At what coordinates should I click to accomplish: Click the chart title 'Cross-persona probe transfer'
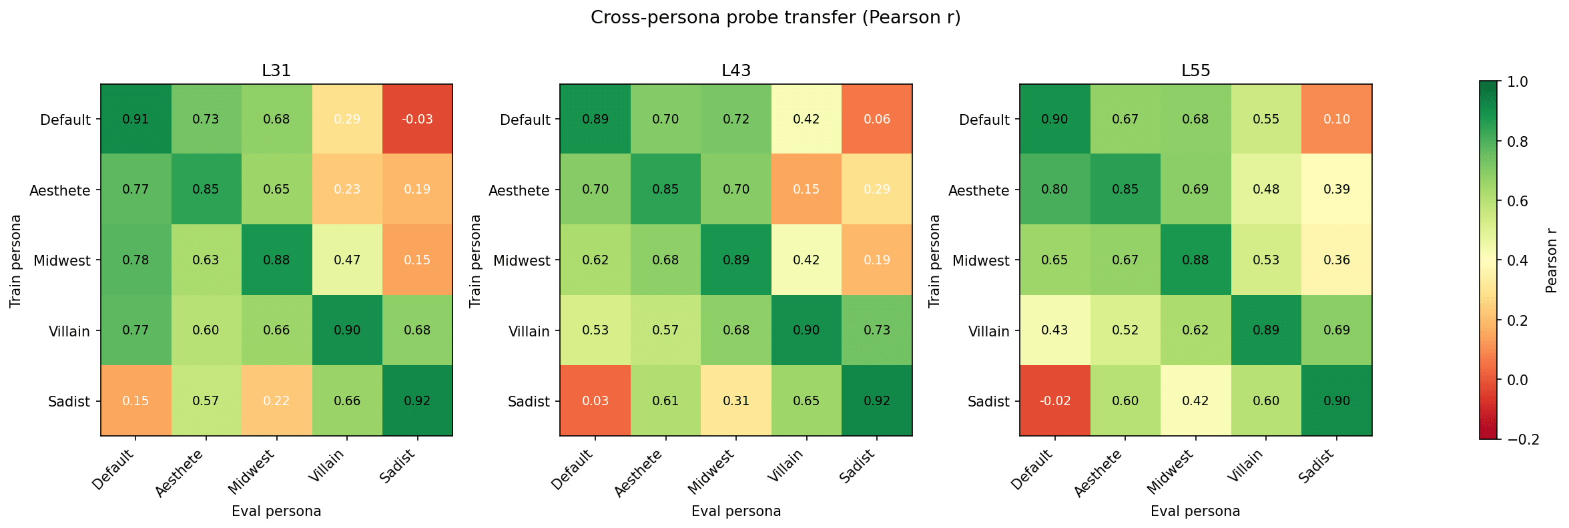click(775, 17)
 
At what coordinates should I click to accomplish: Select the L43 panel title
click(736, 71)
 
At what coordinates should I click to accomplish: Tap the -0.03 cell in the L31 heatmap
click(417, 119)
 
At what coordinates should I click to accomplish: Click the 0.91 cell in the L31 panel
click(135, 119)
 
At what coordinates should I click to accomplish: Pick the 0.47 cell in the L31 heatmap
click(347, 260)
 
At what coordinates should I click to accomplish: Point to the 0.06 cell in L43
click(877, 119)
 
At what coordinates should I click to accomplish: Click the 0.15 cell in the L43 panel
click(806, 190)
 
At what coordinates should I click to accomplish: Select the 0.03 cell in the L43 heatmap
click(595, 401)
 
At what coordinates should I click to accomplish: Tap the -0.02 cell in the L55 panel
click(1055, 401)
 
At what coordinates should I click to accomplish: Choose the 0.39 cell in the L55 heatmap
click(1337, 190)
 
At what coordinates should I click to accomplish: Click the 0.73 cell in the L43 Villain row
click(877, 330)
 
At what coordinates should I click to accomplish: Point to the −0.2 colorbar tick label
click(1523, 439)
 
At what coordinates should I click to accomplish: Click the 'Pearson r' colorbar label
click(1551, 260)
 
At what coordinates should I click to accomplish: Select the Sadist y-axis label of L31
click(69, 402)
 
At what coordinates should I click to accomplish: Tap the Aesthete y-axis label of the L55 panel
click(978, 191)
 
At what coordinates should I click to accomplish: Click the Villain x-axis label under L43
click(790, 465)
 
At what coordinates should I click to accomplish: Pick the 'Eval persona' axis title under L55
click(1195, 511)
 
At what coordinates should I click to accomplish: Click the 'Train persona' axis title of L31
click(15, 260)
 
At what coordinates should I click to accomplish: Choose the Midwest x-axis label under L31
click(252, 471)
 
